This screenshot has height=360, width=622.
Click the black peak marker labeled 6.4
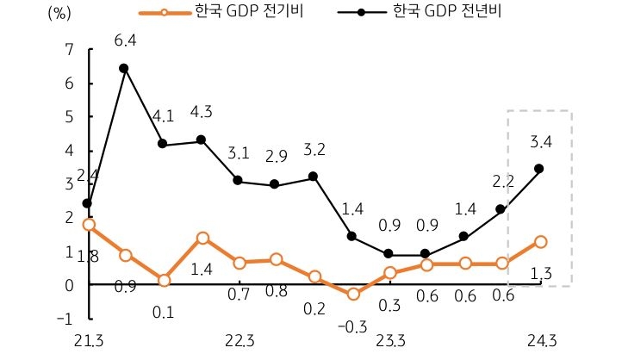[125, 68]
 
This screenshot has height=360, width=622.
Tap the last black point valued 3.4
[540, 169]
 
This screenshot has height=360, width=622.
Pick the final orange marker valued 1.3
[540, 242]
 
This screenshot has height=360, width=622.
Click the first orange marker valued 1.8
[88, 224]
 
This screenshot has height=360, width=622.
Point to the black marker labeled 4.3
[201, 140]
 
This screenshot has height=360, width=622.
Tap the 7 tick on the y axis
[69, 50]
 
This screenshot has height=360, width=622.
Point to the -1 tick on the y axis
[65, 318]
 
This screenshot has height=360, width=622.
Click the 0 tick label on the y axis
[69, 284]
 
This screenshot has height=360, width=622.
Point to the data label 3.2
[314, 149]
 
